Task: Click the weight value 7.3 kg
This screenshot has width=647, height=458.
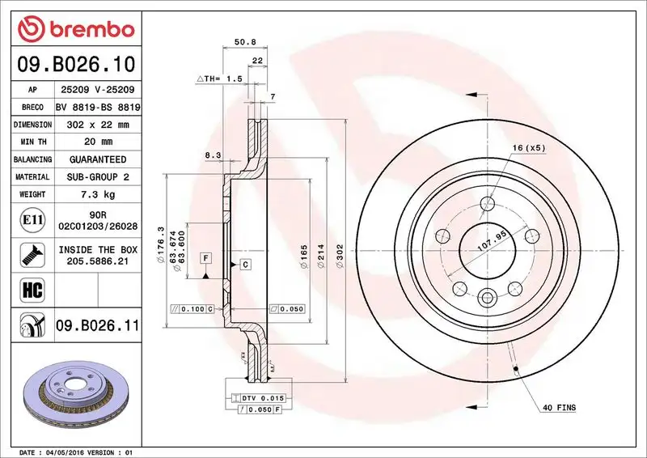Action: [x=99, y=194]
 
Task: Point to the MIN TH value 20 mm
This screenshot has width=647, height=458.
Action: [x=99, y=142]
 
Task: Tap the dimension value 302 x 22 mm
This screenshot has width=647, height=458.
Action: [x=99, y=125]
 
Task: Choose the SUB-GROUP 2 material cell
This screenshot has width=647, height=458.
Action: [x=99, y=176]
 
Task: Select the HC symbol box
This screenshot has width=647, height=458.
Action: [x=29, y=287]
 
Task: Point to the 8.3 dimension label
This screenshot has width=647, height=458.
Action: [x=213, y=155]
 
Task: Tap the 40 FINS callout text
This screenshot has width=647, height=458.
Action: [x=559, y=408]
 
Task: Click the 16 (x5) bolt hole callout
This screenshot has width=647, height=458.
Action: [x=529, y=148]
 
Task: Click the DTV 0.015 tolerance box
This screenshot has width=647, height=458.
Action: [x=259, y=399]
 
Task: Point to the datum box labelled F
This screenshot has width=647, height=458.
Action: [x=205, y=258]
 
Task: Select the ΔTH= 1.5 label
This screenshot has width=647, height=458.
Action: [x=219, y=78]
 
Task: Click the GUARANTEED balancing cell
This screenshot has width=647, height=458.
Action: [x=99, y=159]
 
